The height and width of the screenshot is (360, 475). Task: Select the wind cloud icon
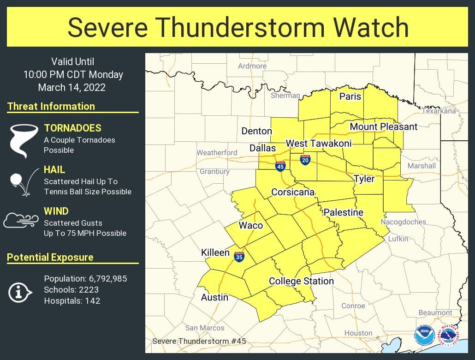click(x=21, y=220)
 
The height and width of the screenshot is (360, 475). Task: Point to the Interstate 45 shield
click(x=280, y=167)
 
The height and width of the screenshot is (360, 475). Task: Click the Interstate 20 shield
click(x=305, y=160)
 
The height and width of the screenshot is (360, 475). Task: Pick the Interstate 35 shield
click(x=239, y=257)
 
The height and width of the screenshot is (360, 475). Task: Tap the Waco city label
click(x=250, y=226)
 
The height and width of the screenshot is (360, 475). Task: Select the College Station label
click(x=301, y=281)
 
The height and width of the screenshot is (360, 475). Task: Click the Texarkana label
click(x=439, y=111)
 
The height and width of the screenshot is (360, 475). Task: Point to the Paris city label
click(x=350, y=96)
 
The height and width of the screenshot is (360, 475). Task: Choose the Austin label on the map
click(x=214, y=297)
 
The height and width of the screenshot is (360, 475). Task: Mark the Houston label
click(x=358, y=333)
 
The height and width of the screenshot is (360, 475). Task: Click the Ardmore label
click(x=252, y=66)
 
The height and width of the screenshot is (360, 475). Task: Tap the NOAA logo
click(x=424, y=336)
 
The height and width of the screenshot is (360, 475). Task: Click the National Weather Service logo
click(x=449, y=335)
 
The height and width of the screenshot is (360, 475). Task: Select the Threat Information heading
click(x=51, y=106)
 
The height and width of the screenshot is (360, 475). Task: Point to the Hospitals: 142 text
click(x=72, y=301)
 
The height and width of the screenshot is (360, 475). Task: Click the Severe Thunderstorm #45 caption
click(x=199, y=341)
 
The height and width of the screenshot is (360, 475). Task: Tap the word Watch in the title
click(x=374, y=27)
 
